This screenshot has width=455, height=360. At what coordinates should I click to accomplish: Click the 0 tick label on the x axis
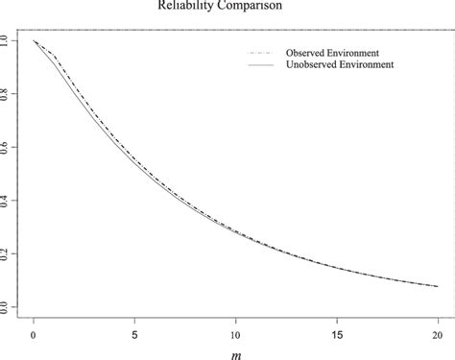(x=35, y=332)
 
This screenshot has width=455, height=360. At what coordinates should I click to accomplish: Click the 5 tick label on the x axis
(x=135, y=332)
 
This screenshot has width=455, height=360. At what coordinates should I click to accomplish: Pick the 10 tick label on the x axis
(x=236, y=332)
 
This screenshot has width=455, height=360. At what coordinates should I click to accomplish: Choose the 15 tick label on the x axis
(x=337, y=332)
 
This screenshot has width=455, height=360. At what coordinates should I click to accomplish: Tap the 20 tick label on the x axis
(x=438, y=332)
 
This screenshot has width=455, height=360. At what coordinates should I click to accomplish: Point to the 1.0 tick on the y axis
(x=9, y=41)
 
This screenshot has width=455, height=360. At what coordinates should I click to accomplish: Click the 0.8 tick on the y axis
(x=9, y=94)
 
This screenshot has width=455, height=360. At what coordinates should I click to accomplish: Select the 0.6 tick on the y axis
(x=9, y=148)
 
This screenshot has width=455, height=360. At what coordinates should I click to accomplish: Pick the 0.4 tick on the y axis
(x=9, y=201)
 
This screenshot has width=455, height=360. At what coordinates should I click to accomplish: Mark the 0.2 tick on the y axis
(x=9, y=254)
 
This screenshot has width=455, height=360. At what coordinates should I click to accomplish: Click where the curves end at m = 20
(x=438, y=286)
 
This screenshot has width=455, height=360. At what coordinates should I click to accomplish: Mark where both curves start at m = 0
(x=35, y=41)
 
